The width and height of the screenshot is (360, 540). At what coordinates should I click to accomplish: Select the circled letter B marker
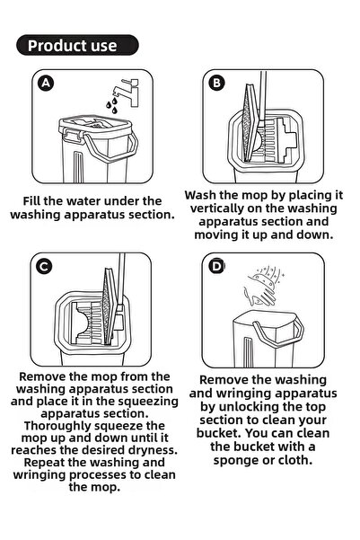point(216,83)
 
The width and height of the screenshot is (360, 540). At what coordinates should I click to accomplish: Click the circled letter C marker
point(44,266)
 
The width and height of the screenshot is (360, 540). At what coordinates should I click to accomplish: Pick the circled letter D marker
point(216,266)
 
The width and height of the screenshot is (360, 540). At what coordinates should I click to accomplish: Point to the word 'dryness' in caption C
point(144,449)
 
